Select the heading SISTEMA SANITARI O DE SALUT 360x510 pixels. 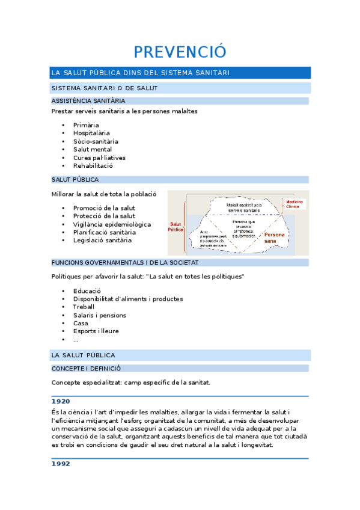[x=104, y=88]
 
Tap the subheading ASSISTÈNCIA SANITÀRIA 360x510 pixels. [x=88, y=101]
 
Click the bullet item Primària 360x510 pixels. [x=86, y=125]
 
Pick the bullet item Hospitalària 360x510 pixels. [x=91, y=133]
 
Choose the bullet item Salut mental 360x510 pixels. [x=93, y=149]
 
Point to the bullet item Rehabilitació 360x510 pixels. [x=93, y=165]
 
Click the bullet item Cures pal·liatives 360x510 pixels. [x=99, y=158]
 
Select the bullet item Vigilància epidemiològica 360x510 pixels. [x=112, y=224]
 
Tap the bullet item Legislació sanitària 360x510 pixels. [x=102, y=241]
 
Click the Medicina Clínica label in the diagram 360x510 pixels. [x=294, y=204]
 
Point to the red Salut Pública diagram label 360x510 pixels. [x=175, y=227]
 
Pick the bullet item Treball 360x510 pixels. [x=84, y=307]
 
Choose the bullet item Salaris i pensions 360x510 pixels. [x=100, y=315]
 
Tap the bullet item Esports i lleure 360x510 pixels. [x=96, y=331]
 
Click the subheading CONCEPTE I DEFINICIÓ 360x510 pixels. [x=86, y=368]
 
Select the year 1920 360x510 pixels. [x=61, y=401]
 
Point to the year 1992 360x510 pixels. [x=61, y=464]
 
